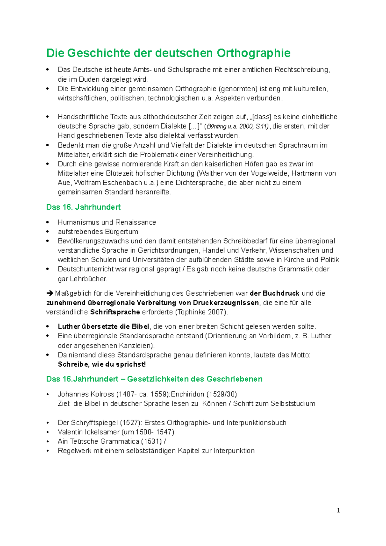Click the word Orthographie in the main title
click(x=253, y=53)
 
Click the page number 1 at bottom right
click(x=338, y=510)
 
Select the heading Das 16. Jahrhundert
click(x=83, y=207)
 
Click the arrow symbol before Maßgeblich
click(x=50, y=293)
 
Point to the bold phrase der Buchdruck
click(x=274, y=293)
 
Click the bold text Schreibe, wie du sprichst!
click(x=102, y=364)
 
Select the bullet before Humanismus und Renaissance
click(x=48, y=223)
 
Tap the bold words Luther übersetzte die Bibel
click(x=103, y=326)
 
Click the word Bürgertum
click(x=121, y=232)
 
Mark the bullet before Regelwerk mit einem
click(x=48, y=451)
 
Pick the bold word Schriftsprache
click(x=115, y=312)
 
